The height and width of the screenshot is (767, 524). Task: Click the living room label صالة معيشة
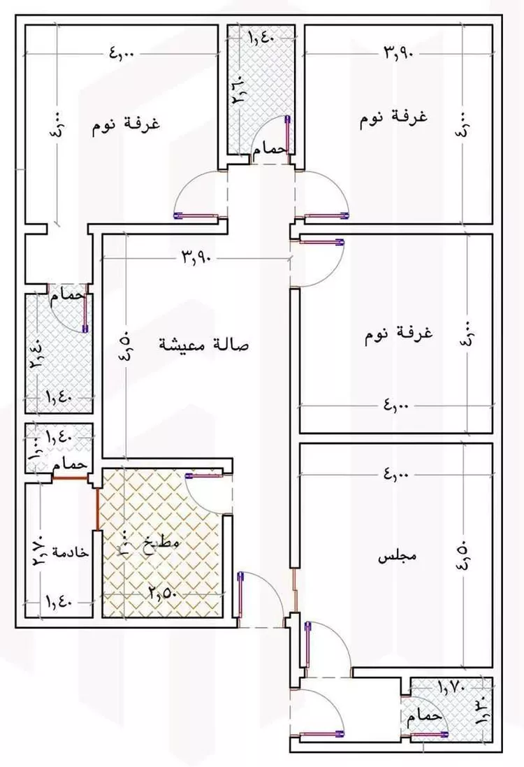(205, 345)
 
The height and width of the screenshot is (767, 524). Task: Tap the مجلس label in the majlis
(397, 557)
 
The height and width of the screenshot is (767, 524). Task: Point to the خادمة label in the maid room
(71, 551)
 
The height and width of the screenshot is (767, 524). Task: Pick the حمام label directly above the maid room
(73, 464)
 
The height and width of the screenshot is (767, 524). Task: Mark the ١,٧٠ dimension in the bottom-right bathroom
(453, 687)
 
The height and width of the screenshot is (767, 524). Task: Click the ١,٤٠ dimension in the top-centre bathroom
(261, 39)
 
